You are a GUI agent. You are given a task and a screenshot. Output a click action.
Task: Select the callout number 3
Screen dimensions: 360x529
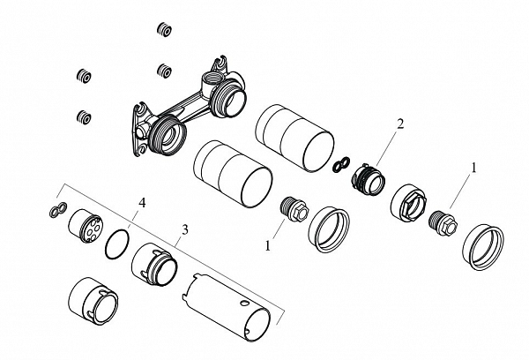[183, 229]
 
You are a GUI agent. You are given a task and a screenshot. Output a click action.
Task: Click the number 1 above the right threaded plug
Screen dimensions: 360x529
[477, 166]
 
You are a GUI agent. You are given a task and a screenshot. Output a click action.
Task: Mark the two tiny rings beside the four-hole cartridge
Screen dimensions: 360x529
[56, 210]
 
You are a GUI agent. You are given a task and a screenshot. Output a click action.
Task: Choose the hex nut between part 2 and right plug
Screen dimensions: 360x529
[409, 204]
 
